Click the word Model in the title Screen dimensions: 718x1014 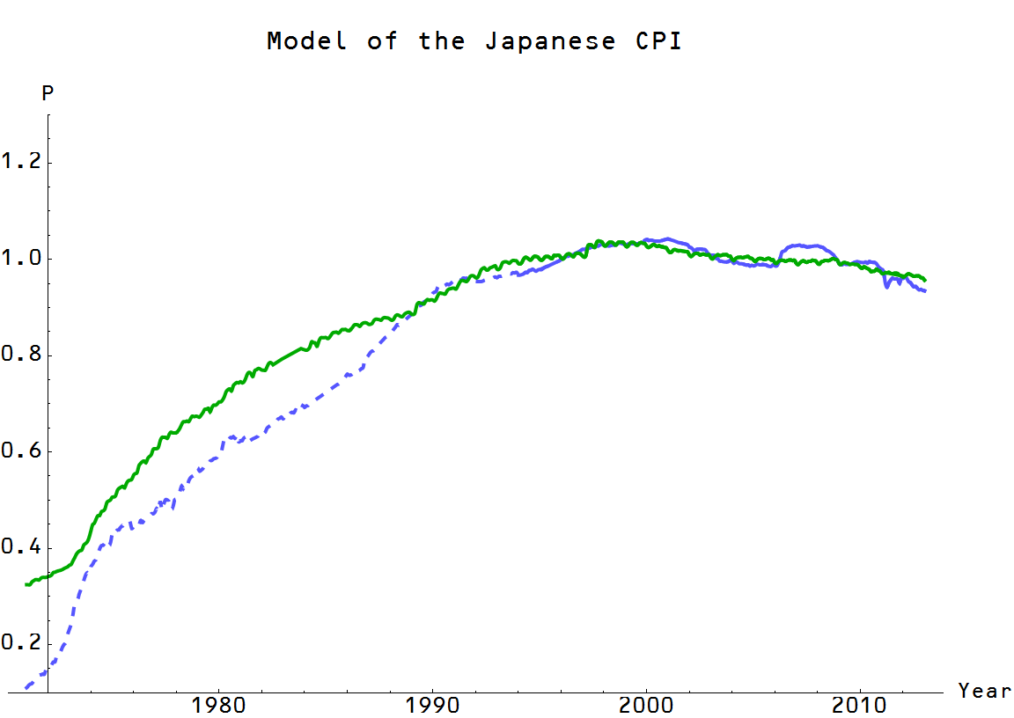[306, 41]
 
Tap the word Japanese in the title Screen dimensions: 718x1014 [549, 41]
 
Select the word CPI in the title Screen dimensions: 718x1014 [658, 41]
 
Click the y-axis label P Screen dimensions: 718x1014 [48, 94]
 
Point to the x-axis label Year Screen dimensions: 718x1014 [984, 691]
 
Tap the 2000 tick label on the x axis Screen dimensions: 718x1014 [647, 707]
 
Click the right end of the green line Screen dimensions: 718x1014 [925, 280]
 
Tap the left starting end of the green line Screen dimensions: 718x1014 [26, 584]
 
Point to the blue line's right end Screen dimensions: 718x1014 [925, 291]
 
